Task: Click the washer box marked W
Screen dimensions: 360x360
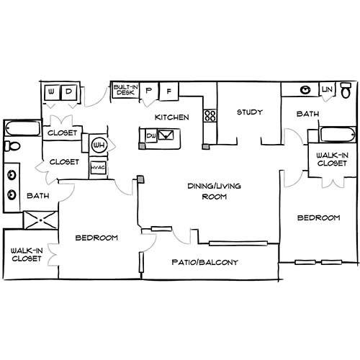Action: click(x=51, y=92)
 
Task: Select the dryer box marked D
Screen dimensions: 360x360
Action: click(x=69, y=92)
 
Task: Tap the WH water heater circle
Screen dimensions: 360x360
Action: click(x=99, y=145)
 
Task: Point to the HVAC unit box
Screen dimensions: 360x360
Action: click(x=99, y=167)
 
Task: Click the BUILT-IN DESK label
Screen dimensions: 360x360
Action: click(x=126, y=90)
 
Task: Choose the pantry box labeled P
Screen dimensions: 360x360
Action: click(x=149, y=91)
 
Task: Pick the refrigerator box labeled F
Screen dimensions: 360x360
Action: click(x=169, y=91)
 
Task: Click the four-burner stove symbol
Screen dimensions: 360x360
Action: click(x=210, y=116)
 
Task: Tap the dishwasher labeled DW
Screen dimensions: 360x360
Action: click(x=151, y=136)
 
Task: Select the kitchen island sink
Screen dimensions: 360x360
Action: click(x=166, y=135)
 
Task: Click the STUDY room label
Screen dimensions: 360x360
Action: click(x=250, y=112)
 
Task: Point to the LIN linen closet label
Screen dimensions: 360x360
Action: click(x=327, y=89)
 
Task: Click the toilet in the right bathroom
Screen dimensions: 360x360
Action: click(x=346, y=90)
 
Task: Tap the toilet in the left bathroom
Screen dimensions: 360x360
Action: click(x=12, y=146)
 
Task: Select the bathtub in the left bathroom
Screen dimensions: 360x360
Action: click(x=22, y=128)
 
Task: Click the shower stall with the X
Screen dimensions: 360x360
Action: click(x=40, y=220)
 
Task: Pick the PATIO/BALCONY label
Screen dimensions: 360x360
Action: click(x=205, y=262)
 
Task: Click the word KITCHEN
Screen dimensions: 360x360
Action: click(x=172, y=117)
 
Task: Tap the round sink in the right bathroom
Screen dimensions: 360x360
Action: click(x=305, y=90)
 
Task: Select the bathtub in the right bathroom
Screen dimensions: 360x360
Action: click(x=338, y=135)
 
